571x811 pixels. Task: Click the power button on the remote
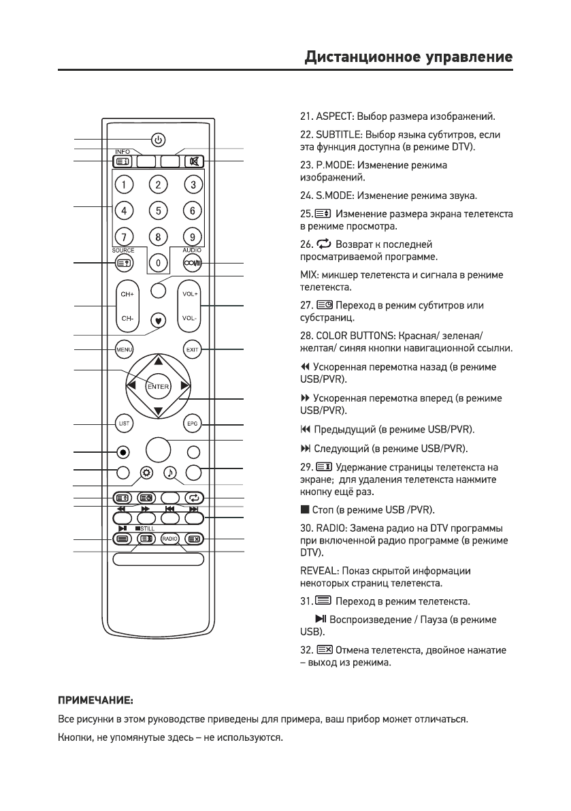pyautogui.click(x=158, y=140)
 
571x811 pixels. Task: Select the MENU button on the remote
pyautogui.click(x=123, y=350)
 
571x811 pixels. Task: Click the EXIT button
pyautogui.click(x=193, y=350)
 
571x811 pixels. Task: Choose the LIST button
pyautogui.click(x=123, y=423)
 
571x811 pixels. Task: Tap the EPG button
pyautogui.click(x=193, y=423)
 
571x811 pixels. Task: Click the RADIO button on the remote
pyautogui.click(x=169, y=539)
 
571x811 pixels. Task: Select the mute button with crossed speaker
pyautogui.click(x=193, y=162)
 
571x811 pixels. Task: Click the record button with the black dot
pyautogui.click(x=123, y=451)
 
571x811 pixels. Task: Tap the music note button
pyautogui.click(x=169, y=472)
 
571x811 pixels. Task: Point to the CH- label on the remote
pyautogui.click(x=127, y=318)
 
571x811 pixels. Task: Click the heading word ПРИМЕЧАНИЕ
pyautogui.click(x=95, y=700)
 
